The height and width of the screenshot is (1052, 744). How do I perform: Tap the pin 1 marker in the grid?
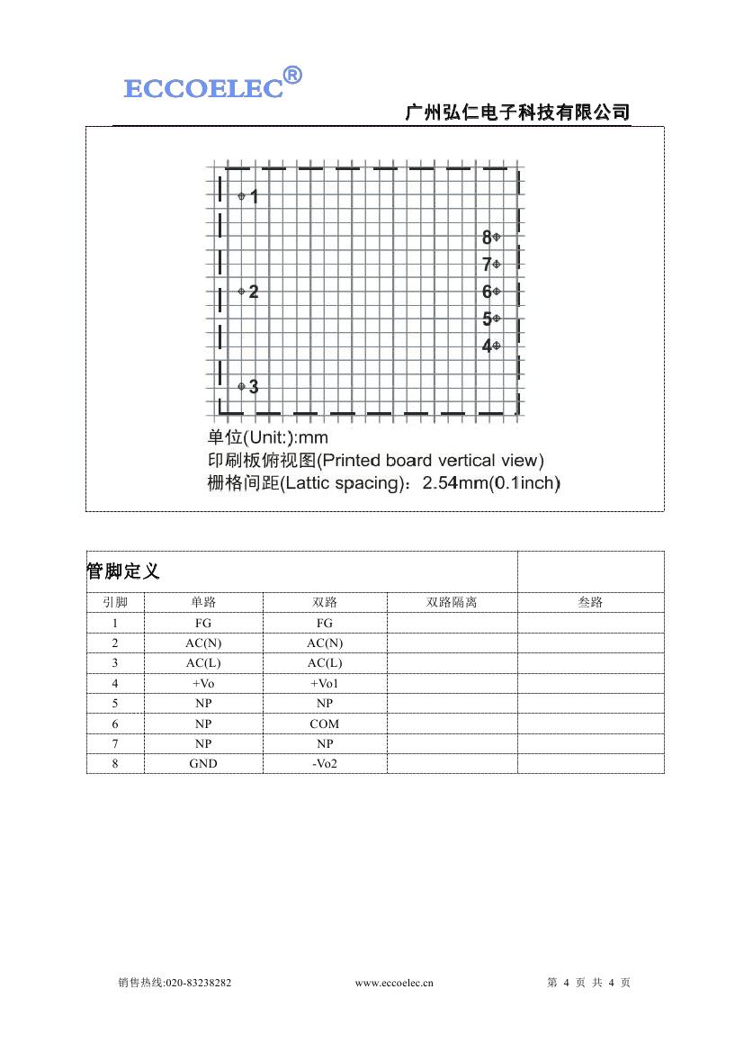tap(241, 196)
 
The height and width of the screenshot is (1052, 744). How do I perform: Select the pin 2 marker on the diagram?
tap(241, 291)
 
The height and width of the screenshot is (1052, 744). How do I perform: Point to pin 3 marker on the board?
tap(241, 386)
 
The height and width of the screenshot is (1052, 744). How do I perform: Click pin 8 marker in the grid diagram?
tap(497, 237)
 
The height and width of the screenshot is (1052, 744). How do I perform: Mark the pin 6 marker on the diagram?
tap(497, 291)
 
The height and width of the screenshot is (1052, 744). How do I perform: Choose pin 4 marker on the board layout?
tap(497, 346)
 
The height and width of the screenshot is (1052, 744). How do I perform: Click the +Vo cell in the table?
tap(203, 683)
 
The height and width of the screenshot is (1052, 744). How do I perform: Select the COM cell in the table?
tap(325, 724)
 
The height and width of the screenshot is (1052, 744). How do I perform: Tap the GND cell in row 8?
tap(203, 763)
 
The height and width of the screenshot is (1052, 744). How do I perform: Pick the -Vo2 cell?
tap(325, 763)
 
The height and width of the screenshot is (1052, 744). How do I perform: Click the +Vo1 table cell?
tap(325, 683)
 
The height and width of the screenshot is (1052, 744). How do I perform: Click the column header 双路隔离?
tap(452, 602)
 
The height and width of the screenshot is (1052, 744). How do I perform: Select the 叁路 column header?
tap(590, 602)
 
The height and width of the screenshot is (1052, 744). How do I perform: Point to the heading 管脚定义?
tap(123, 571)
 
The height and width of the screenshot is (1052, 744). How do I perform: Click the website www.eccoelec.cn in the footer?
tap(394, 983)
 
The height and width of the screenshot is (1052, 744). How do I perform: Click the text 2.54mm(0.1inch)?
tap(491, 483)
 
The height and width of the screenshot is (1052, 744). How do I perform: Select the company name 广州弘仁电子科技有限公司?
tap(517, 112)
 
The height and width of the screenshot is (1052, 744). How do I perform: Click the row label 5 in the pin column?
tap(115, 703)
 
